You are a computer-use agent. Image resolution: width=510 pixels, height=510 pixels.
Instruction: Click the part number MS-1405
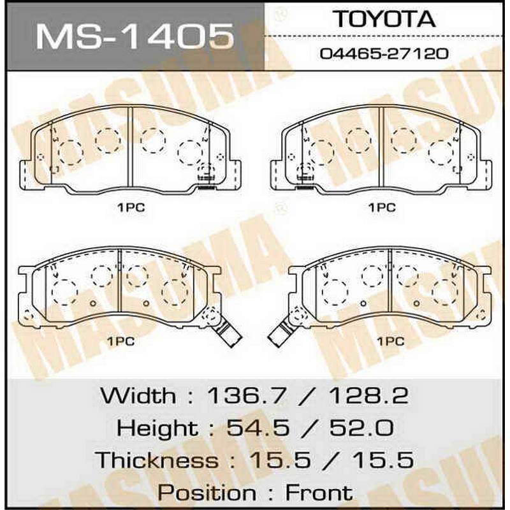pos(135,36)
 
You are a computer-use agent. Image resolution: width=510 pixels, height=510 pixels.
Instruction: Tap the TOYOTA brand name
pos(384,19)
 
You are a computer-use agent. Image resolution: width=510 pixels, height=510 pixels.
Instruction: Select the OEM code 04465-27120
pos(384,54)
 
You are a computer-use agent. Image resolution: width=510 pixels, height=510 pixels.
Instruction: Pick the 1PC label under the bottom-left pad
pos(121,341)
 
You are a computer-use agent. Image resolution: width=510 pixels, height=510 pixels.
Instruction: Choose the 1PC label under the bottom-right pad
pos(391,341)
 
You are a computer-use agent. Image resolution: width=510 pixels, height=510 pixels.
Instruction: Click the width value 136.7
pos(247,395)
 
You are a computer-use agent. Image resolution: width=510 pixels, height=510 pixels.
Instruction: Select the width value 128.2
pos(368,395)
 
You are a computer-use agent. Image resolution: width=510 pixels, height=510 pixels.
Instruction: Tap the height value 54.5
pos(258,428)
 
